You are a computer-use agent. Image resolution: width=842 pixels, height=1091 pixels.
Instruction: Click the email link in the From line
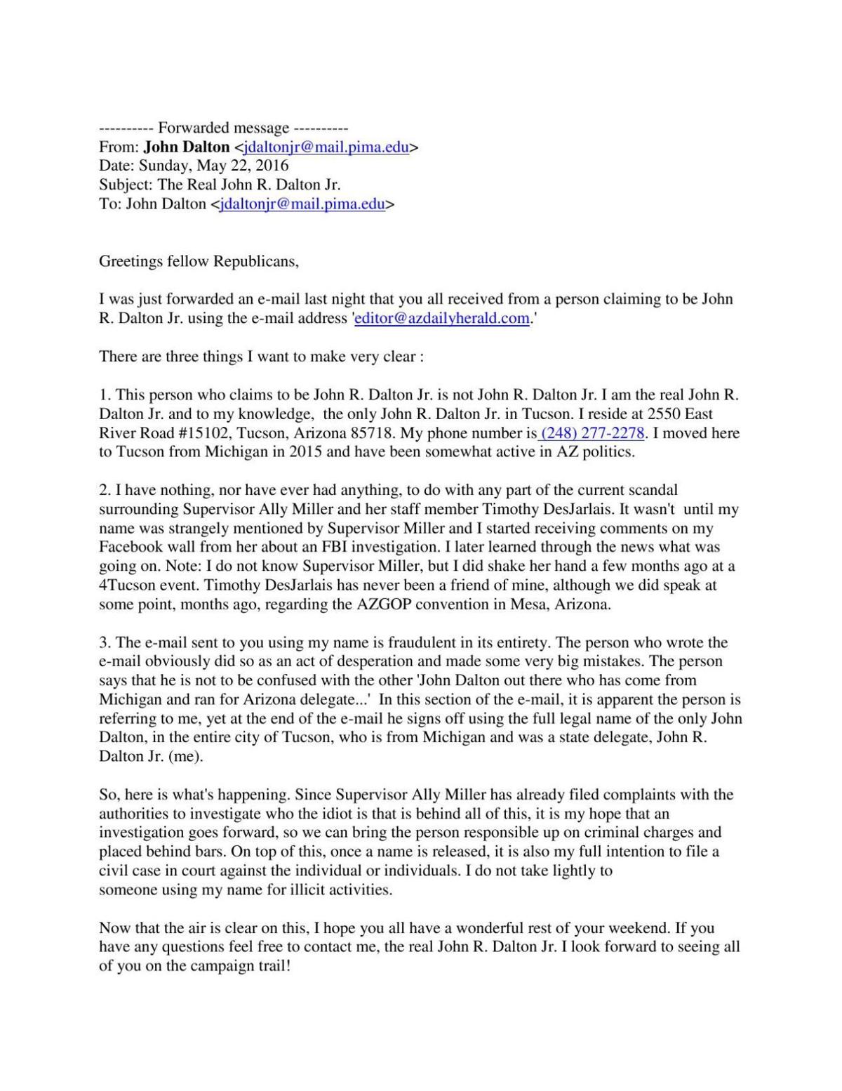click(x=326, y=147)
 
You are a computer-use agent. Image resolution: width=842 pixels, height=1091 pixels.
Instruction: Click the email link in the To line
click(x=302, y=204)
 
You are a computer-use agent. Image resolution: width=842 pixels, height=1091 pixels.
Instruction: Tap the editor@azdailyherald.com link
click(x=442, y=318)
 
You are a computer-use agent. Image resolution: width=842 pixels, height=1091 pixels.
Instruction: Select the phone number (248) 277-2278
click(x=593, y=432)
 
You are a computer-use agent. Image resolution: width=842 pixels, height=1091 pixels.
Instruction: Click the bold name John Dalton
click(x=187, y=147)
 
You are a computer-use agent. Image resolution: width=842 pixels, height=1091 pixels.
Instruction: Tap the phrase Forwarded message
click(x=223, y=128)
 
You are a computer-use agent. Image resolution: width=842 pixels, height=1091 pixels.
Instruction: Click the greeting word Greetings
click(x=131, y=261)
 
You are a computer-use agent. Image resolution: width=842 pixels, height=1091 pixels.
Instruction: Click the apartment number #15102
click(x=202, y=432)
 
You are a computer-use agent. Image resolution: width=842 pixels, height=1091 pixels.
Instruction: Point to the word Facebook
click(x=131, y=547)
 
